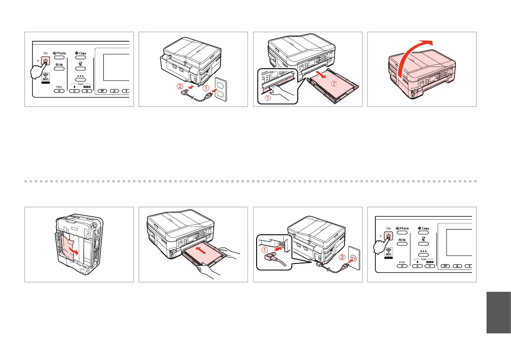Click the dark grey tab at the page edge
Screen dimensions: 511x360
(499, 312)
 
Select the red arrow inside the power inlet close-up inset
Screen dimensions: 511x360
(274, 247)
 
